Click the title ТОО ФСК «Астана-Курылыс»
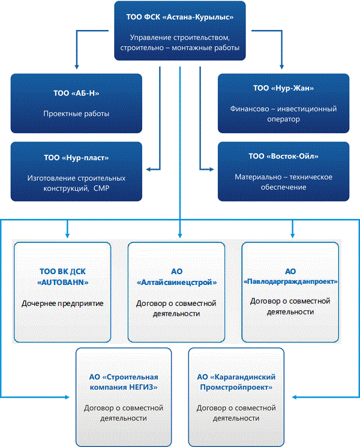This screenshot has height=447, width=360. [x=180, y=17]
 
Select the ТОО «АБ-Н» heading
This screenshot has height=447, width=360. [x=76, y=93]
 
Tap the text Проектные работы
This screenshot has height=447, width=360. [x=76, y=113]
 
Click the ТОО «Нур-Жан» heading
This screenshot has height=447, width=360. [x=284, y=88]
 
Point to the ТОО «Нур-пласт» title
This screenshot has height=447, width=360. [x=76, y=158]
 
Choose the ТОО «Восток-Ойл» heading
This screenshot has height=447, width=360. [x=284, y=156]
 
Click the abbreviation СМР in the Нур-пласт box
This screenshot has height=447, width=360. [x=101, y=188]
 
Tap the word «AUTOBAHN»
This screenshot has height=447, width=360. [x=63, y=283]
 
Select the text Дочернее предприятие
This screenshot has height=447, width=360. [x=62, y=304]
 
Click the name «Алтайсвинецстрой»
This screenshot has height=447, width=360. [x=177, y=283]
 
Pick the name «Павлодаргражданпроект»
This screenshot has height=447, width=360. [x=290, y=281]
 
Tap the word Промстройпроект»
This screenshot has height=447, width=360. [x=236, y=387]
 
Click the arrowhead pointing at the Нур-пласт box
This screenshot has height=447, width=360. [x=148, y=169]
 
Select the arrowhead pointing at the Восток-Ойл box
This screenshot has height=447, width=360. [x=211, y=169]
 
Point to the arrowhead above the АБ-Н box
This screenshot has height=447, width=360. [x=76, y=67]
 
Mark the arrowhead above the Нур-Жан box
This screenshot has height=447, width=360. [x=281, y=67]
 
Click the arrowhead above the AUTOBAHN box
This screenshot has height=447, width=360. [x=67, y=235]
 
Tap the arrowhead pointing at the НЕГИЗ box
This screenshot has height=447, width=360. [x=67, y=397]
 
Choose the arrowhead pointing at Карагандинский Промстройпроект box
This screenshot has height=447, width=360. [x=295, y=397]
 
